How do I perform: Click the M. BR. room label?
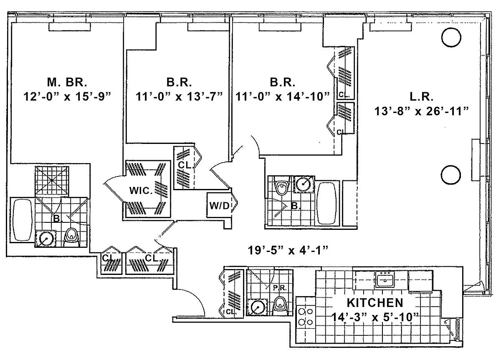click(x=67, y=82)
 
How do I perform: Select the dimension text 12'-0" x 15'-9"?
click(x=67, y=97)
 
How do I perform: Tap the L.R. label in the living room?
click(x=421, y=97)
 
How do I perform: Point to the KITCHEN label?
click(x=375, y=303)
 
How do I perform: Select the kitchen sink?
click(x=385, y=279)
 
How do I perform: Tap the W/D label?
click(x=220, y=206)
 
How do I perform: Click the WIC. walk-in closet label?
click(x=141, y=191)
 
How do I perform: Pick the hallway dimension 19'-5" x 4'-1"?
click(x=288, y=250)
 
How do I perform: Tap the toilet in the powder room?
click(x=280, y=305)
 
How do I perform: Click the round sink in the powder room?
click(x=258, y=308)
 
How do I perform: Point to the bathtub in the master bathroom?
click(x=22, y=220)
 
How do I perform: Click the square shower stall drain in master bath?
click(x=52, y=180)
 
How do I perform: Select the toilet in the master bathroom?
click(x=71, y=237)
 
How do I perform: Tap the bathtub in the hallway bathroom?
click(x=327, y=203)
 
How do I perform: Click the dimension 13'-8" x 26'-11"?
click(x=422, y=111)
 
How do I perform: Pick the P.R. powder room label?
click(x=280, y=288)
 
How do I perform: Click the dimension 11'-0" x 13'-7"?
click(x=179, y=97)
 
